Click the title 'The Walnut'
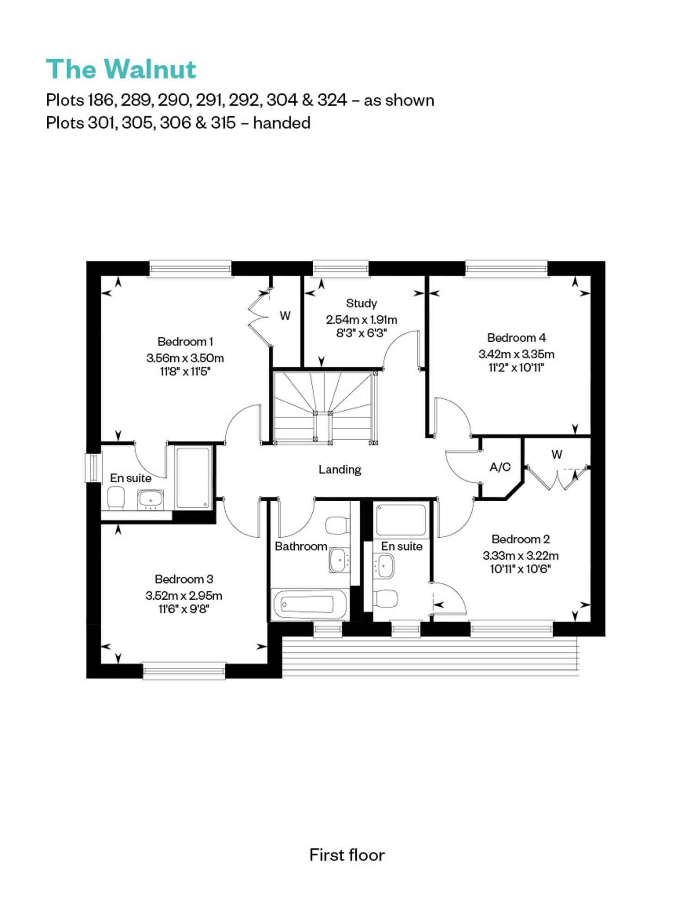click(x=121, y=69)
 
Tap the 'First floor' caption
click(x=347, y=855)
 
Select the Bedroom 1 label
click(x=185, y=342)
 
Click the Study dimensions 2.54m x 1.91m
click(x=361, y=320)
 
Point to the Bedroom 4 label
click(x=516, y=338)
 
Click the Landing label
click(x=340, y=470)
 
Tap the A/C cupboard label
click(x=500, y=467)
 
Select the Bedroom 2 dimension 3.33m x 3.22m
click(x=520, y=555)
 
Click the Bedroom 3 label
click(x=184, y=579)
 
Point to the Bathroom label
click(x=301, y=546)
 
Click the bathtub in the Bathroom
click(x=309, y=604)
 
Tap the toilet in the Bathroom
click(x=338, y=525)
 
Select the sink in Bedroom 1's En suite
click(x=150, y=499)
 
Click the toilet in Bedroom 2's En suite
click(x=385, y=599)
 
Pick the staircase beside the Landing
click(x=323, y=407)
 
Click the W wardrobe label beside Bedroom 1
click(x=285, y=316)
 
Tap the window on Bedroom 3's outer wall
click(x=184, y=671)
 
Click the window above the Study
click(x=341, y=269)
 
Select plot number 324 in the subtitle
click(x=332, y=100)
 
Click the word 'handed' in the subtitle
click(x=282, y=123)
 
